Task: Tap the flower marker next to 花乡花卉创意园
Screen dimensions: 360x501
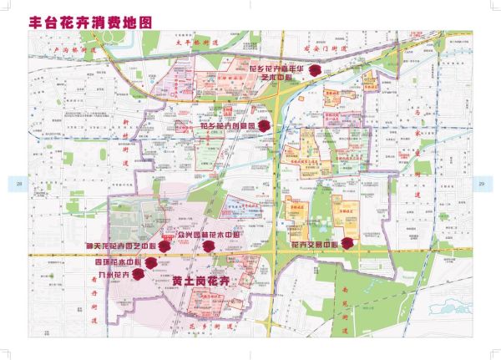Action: click(x=264, y=126)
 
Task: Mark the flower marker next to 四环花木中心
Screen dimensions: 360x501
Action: click(x=151, y=262)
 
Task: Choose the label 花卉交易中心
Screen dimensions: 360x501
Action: click(x=313, y=245)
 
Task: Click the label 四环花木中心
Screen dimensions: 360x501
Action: click(x=116, y=262)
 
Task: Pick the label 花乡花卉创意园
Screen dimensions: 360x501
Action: click(x=227, y=126)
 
